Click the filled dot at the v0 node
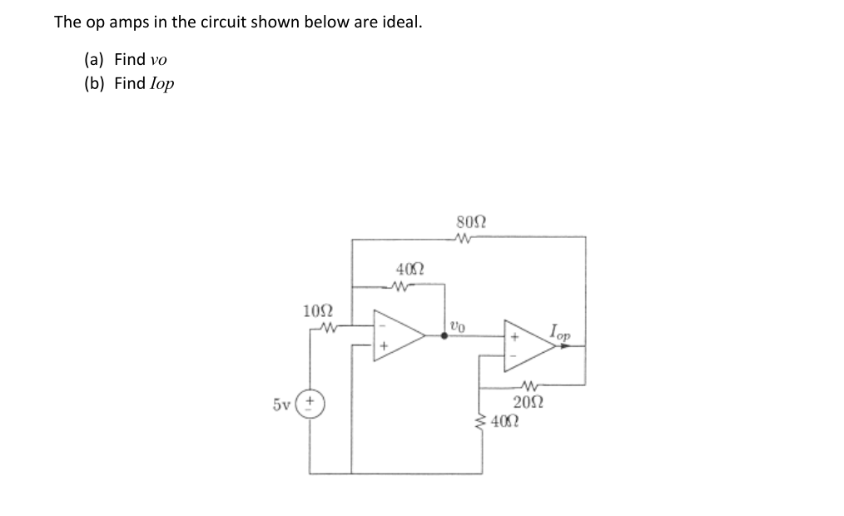click(x=444, y=336)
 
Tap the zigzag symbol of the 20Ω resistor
click(x=529, y=385)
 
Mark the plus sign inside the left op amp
click(x=385, y=345)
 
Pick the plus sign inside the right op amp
click(x=514, y=337)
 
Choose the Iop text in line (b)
click(x=161, y=83)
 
